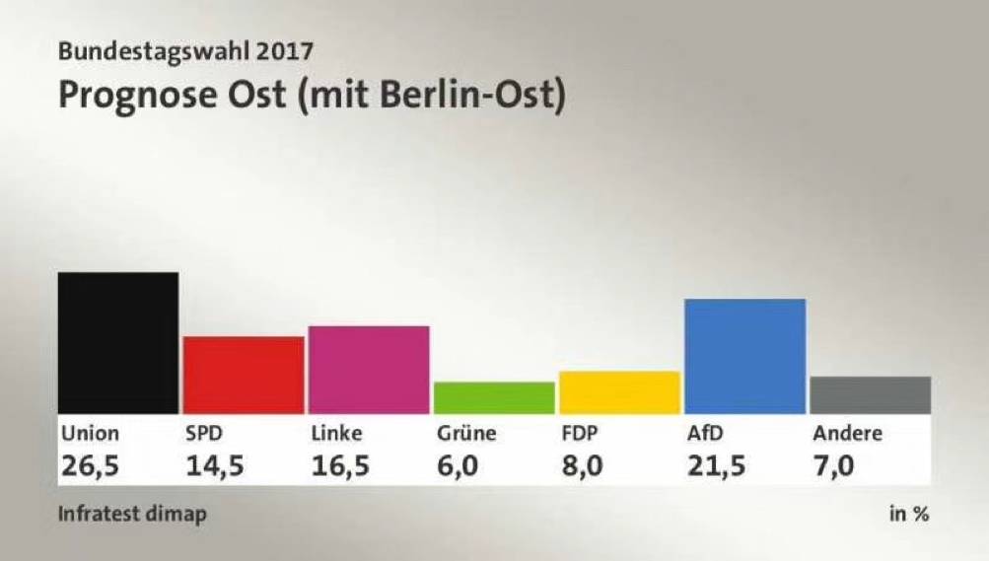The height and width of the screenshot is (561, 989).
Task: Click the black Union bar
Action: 118,343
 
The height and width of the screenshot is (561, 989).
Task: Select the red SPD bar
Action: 244,375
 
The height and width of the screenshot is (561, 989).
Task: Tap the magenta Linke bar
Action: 369,370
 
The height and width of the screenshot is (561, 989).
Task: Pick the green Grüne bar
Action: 495,397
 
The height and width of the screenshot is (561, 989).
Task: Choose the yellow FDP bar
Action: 619,392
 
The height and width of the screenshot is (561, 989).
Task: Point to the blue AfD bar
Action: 744,356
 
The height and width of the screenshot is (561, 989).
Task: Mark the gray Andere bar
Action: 871,395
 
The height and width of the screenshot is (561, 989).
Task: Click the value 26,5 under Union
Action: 90,465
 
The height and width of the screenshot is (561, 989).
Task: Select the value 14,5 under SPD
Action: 214,465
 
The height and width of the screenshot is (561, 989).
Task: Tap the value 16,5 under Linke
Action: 340,465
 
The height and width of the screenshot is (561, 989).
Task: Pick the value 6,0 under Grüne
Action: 458,465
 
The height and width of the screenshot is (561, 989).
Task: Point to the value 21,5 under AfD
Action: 716,465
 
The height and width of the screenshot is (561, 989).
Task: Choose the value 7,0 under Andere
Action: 833,465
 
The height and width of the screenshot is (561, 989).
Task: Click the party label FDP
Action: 580,433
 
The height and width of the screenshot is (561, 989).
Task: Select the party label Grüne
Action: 466,433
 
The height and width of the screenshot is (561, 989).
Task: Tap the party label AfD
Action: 705,433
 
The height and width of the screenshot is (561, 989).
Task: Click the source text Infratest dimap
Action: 132,514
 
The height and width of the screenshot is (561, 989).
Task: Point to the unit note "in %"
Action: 909,514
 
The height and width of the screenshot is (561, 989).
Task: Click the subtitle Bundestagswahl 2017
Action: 185,51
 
